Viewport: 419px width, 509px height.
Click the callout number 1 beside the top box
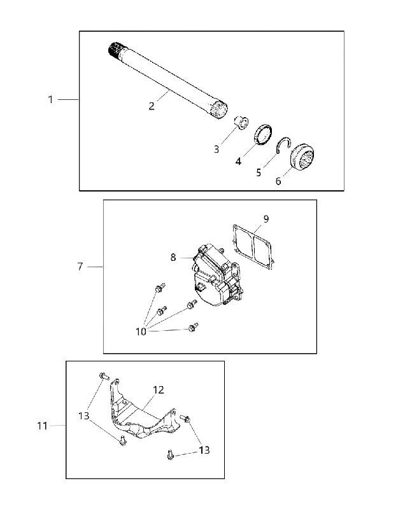[x=50, y=99]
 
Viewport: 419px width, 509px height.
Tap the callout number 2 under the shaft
[x=152, y=106]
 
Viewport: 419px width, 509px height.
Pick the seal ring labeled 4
[x=262, y=135]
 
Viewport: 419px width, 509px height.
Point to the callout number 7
[x=80, y=267]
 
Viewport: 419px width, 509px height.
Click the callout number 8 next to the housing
[x=173, y=258]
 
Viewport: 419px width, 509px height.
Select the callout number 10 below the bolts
[x=141, y=331]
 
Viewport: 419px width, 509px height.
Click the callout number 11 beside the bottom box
[x=42, y=426]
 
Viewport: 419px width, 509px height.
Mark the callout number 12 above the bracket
[x=158, y=389]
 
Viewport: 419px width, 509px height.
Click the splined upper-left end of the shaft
[x=113, y=50]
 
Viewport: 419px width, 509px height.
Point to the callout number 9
[x=266, y=219]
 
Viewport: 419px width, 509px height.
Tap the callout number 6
[x=278, y=181]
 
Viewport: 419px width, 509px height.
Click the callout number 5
[x=259, y=172]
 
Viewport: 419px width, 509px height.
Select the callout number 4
[x=238, y=161]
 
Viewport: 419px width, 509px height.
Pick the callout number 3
[x=217, y=150]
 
